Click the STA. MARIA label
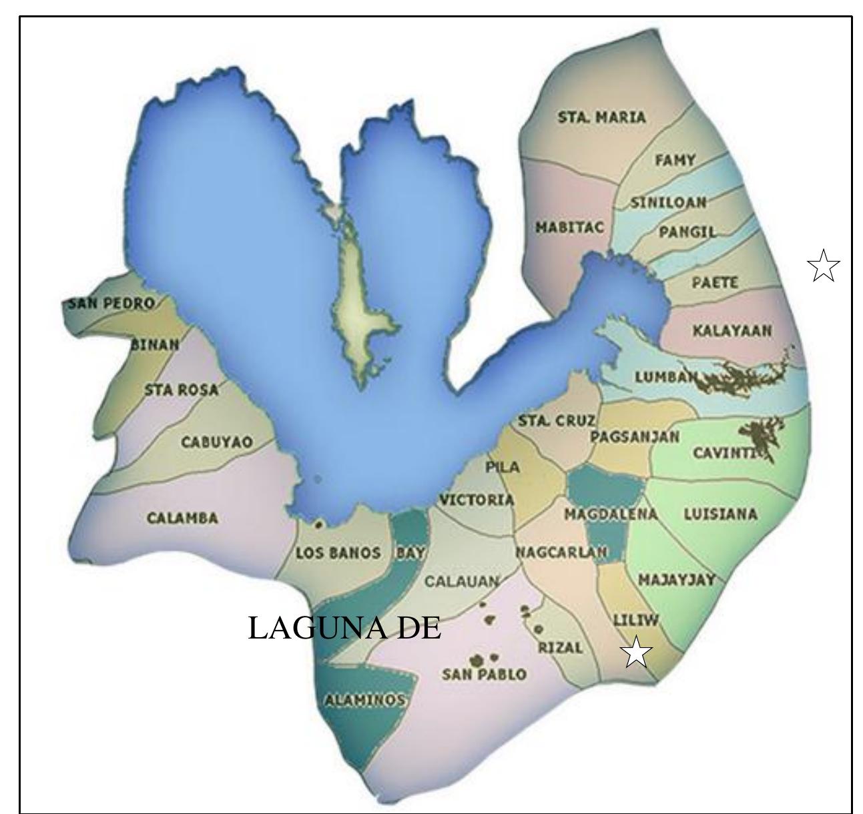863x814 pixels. pyautogui.click(x=601, y=117)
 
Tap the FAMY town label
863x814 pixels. pyautogui.click(x=675, y=160)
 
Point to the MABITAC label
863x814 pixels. pyautogui.click(x=569, y=228)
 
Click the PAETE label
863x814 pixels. pyautogui.click(x=715, y=283)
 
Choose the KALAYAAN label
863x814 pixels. pyautogui.click(x=732, y=331)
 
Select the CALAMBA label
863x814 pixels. pyautogui.click(x=182, y=518)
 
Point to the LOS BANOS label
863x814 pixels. pyautogui.click(x=338, y=553)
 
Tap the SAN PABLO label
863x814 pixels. pyautogui.click(x=484, y=675)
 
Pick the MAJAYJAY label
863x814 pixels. pyautogui.click(x=677, y=580)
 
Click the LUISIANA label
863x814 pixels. pyautogui.click(x=720, y=514)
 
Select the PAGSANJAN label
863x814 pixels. pyautogui.click(x=635, y=437)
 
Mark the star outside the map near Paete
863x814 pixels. pyautogui.click(x=823, y=266)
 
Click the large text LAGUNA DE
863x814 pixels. pyautogui.click(x=344, y=628)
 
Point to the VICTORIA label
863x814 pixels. pyautogui.click(x=477, y=500)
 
